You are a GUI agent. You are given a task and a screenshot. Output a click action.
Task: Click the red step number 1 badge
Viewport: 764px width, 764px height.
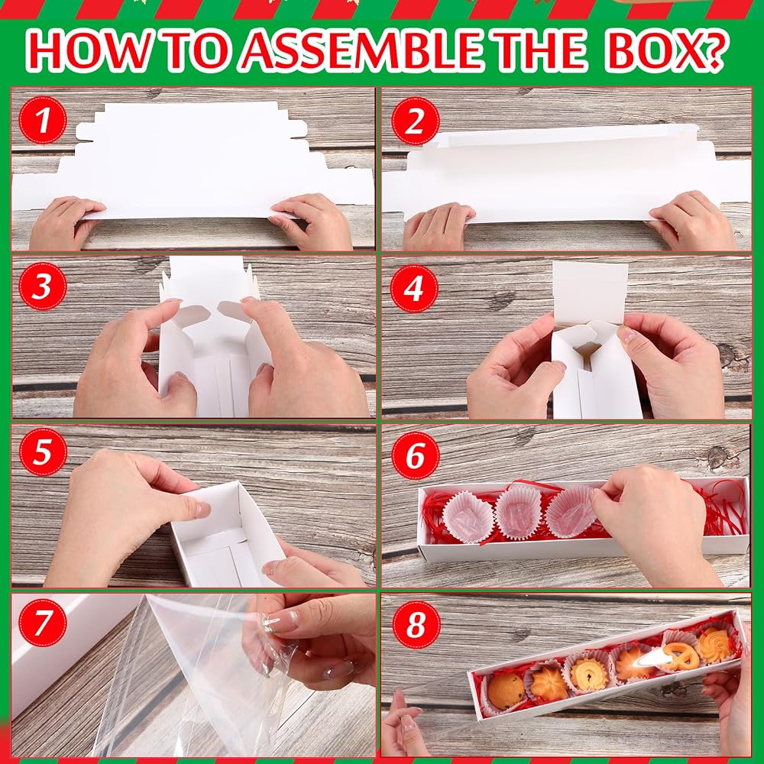(43, 120)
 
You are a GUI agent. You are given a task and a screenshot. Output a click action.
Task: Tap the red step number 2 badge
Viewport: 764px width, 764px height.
(415, 121)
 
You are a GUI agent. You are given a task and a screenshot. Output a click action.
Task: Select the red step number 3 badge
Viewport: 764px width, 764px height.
(42, 286)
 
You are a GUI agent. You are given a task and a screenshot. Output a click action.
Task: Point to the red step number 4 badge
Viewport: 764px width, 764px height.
(414, 289)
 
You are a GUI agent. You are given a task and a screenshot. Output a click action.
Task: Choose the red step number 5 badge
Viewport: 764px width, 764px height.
(43, 452)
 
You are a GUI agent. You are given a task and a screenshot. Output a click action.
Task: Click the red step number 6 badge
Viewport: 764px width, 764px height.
(416, 455)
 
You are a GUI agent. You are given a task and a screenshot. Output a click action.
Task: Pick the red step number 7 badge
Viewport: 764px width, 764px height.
(42, 623)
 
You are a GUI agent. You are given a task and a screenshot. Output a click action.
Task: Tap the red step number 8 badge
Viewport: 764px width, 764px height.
(416, 624)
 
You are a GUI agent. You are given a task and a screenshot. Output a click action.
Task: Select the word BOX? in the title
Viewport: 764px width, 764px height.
(666, 50)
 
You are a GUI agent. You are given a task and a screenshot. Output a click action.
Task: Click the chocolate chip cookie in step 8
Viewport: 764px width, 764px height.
(506, 691)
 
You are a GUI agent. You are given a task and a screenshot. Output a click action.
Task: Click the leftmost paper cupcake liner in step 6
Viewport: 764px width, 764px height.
(468, 517)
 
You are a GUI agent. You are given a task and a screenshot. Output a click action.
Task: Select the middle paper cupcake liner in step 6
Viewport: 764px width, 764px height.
(519, 512)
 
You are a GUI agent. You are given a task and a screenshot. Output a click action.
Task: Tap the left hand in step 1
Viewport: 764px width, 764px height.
(65, 222)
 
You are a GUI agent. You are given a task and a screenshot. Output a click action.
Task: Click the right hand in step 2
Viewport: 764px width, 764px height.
(692, 222)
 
